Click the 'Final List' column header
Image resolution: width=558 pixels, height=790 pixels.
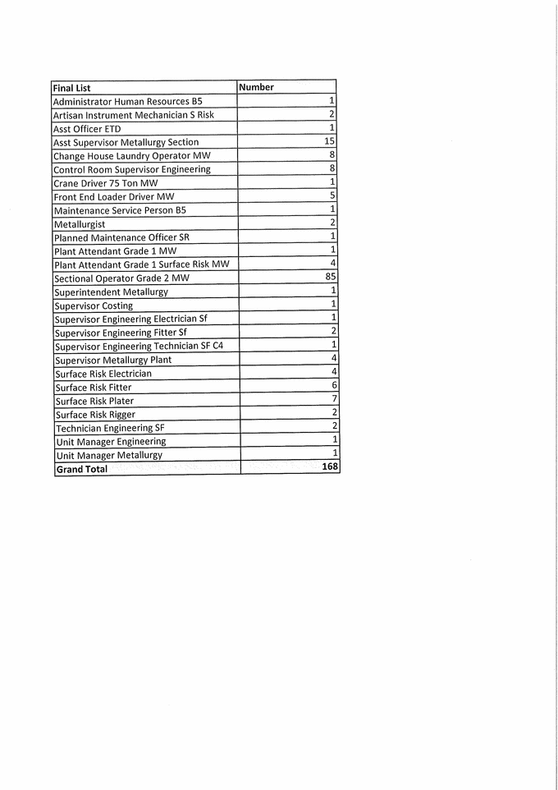pos(71,88)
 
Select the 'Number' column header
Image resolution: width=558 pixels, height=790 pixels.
pos(256,87)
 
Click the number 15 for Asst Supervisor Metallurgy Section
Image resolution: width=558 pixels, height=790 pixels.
pos(329,141)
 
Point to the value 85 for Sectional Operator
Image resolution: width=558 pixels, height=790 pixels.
pos(331,278)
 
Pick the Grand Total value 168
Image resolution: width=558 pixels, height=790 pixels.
pos(330,466)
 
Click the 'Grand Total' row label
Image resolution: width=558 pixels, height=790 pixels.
pos(81,469)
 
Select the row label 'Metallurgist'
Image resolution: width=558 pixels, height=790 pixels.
pos(80,224)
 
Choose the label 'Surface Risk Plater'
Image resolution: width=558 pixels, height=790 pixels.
pos(94,401)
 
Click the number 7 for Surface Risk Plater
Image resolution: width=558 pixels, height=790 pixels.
pos(334,398)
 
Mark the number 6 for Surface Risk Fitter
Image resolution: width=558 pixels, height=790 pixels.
pos(334,384)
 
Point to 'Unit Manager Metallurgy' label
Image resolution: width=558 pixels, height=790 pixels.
pos(109,455)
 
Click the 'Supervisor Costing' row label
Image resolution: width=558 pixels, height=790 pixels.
pos(94,305)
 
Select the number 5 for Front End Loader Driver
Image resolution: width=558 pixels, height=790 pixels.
pos(332,195)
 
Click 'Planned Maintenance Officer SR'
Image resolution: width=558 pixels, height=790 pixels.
pos(121,237)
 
